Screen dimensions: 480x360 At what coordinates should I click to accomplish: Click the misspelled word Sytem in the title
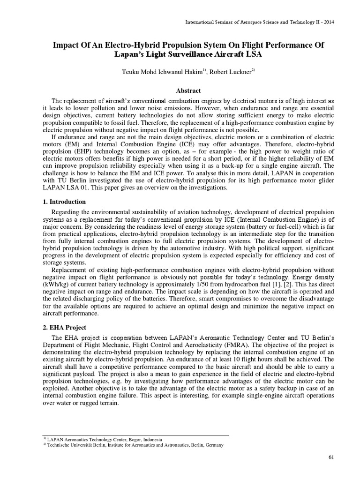[219, 45]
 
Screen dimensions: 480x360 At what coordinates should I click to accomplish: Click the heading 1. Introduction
[62, 202]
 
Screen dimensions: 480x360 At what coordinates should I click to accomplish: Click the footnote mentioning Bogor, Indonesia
[103, 440]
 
